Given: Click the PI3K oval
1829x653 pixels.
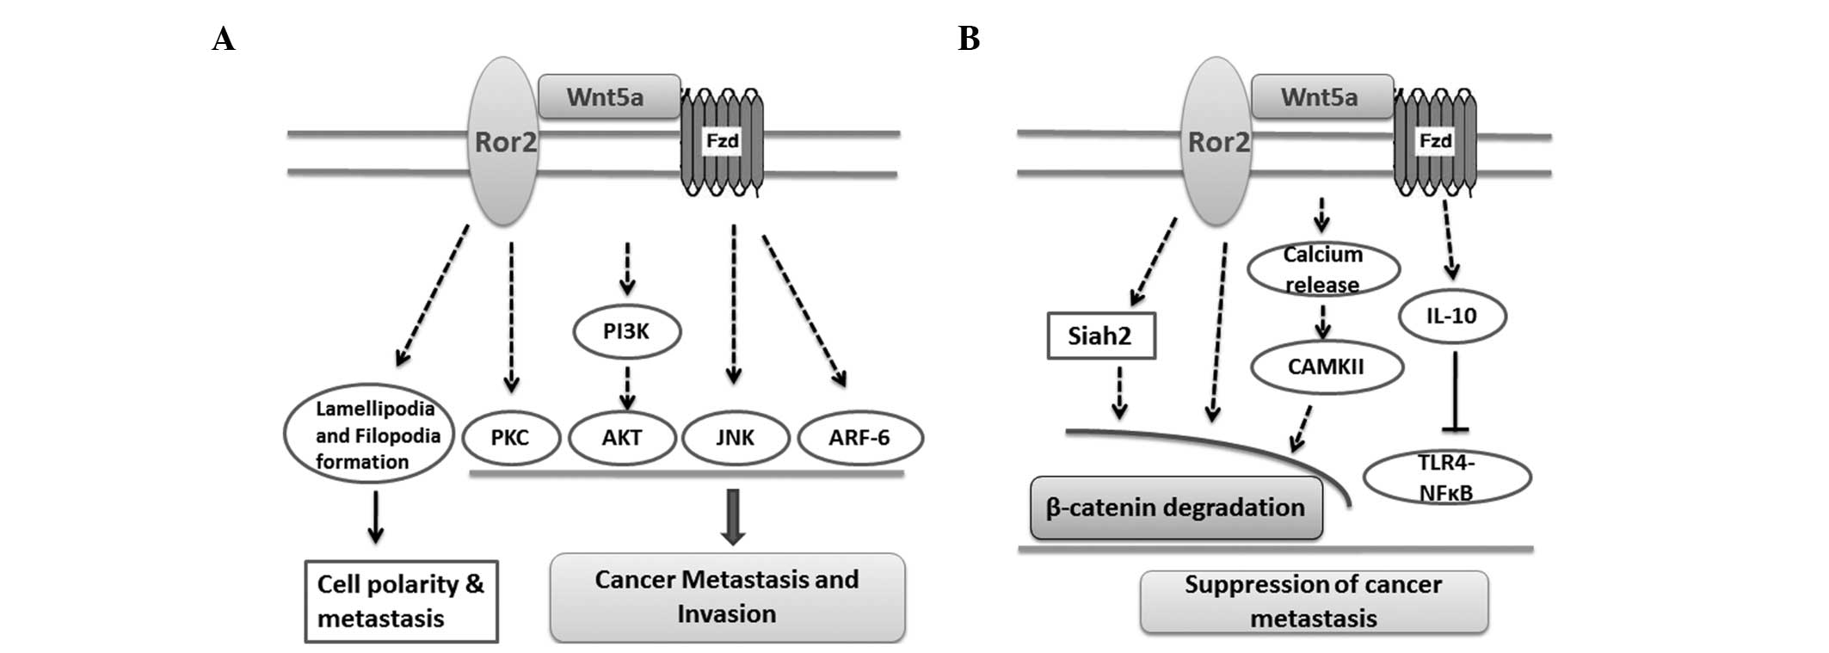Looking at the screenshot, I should click(x=626, y=331).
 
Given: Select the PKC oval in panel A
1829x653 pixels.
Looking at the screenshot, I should click(x=511, y=438).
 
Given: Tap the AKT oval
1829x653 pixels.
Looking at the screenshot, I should click(x=622, y=438).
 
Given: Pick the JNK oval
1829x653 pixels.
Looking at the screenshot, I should click(x=736, y=438).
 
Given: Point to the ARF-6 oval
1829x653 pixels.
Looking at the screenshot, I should click(x=859, y=438).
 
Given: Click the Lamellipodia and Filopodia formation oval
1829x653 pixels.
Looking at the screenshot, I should click(x=369, y=434).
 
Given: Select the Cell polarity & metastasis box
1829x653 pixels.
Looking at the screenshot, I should click(x=401, y=601).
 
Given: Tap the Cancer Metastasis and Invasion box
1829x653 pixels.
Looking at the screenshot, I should click(x=727, y=597).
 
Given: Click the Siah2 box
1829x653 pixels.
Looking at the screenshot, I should click(x=1100, y=336).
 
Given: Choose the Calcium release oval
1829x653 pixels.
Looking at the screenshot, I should click(x=1323, y=269).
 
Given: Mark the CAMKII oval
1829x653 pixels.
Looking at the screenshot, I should click(x=1326, y=367).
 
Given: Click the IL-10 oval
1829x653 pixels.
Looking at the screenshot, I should click(x=1451, y=316).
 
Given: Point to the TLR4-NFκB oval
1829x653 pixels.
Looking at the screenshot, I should click(x=1446, y=477).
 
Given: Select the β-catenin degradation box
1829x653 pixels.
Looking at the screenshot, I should click(x=1175, y=508).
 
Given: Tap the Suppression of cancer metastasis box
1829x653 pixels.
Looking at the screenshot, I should click(x=1313, y=601).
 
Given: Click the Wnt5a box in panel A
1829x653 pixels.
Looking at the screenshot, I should click(x=608, y=96).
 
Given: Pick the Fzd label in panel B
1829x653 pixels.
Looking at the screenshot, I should click(x=1435, y=141).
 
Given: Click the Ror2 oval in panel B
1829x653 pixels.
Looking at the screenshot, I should click(x=1216, y=141).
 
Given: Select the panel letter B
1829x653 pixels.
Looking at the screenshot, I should click(x=969, y=39).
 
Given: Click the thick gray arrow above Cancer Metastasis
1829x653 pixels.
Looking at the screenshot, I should click(x=732, y=517).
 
